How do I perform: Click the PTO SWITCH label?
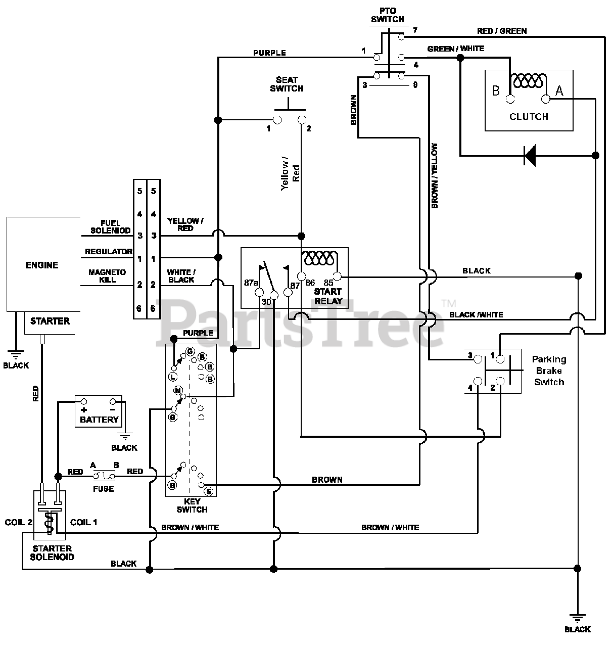[388, 16]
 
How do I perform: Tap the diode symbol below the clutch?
[530, 155]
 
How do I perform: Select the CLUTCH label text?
[529, 117]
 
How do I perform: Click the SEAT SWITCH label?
[287, 84]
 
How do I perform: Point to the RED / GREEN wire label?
[502, 31]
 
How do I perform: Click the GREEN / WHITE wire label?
[456, 49]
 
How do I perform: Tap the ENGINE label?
[42, 265]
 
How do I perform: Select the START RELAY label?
[328, 296]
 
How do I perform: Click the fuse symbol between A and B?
[104, 476]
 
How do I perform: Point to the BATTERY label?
[99, 420]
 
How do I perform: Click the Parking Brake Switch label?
[549, 371]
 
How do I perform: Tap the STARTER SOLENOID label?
[52, 553]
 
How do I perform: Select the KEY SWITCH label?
[192, 505]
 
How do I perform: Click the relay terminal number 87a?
[251, 283]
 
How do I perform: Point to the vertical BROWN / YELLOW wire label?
[434, 176]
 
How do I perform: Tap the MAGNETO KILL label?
[107, 276]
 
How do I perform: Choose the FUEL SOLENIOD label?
[111, 227]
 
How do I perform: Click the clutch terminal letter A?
[559, 90]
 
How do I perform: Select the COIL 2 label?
[18, 522]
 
